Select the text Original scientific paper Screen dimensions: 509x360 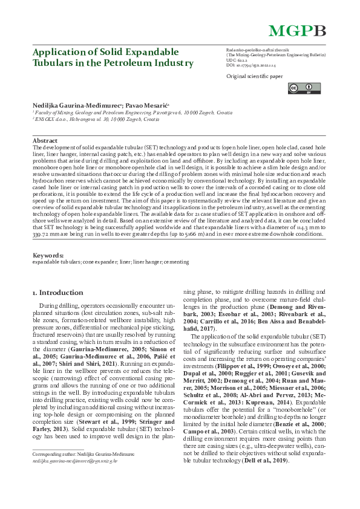tap(254, 77)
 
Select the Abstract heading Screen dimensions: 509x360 tap(45, 140)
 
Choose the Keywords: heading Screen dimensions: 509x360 tap(48, 256)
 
